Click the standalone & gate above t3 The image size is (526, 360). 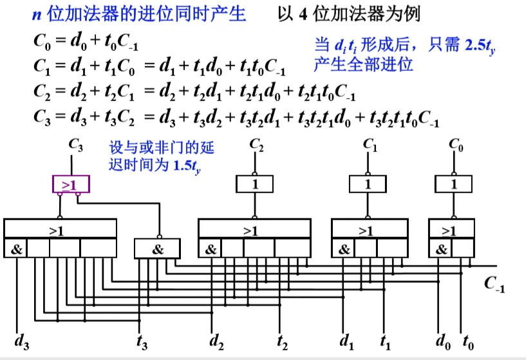click(x=158, y=249)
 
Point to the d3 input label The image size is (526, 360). click(x=21, y=341)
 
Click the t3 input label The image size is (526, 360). click(x=142, y=341)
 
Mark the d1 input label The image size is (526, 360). click(x=347, y=341)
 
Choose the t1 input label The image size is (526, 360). click(x=386, y=341)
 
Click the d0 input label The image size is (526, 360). click(x=442, y=341)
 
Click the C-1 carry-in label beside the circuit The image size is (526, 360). click(x=494, y=285)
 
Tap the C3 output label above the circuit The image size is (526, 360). click(x=75, y=146)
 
